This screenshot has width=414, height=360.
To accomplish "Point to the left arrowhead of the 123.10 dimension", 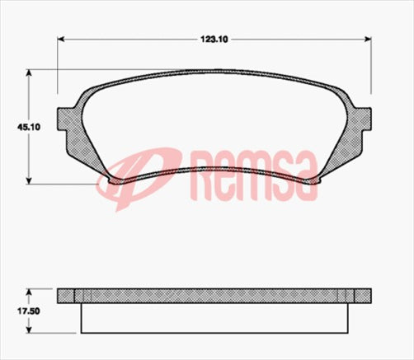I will [62, 38].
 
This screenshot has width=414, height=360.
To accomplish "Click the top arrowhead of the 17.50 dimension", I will [31, 291].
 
